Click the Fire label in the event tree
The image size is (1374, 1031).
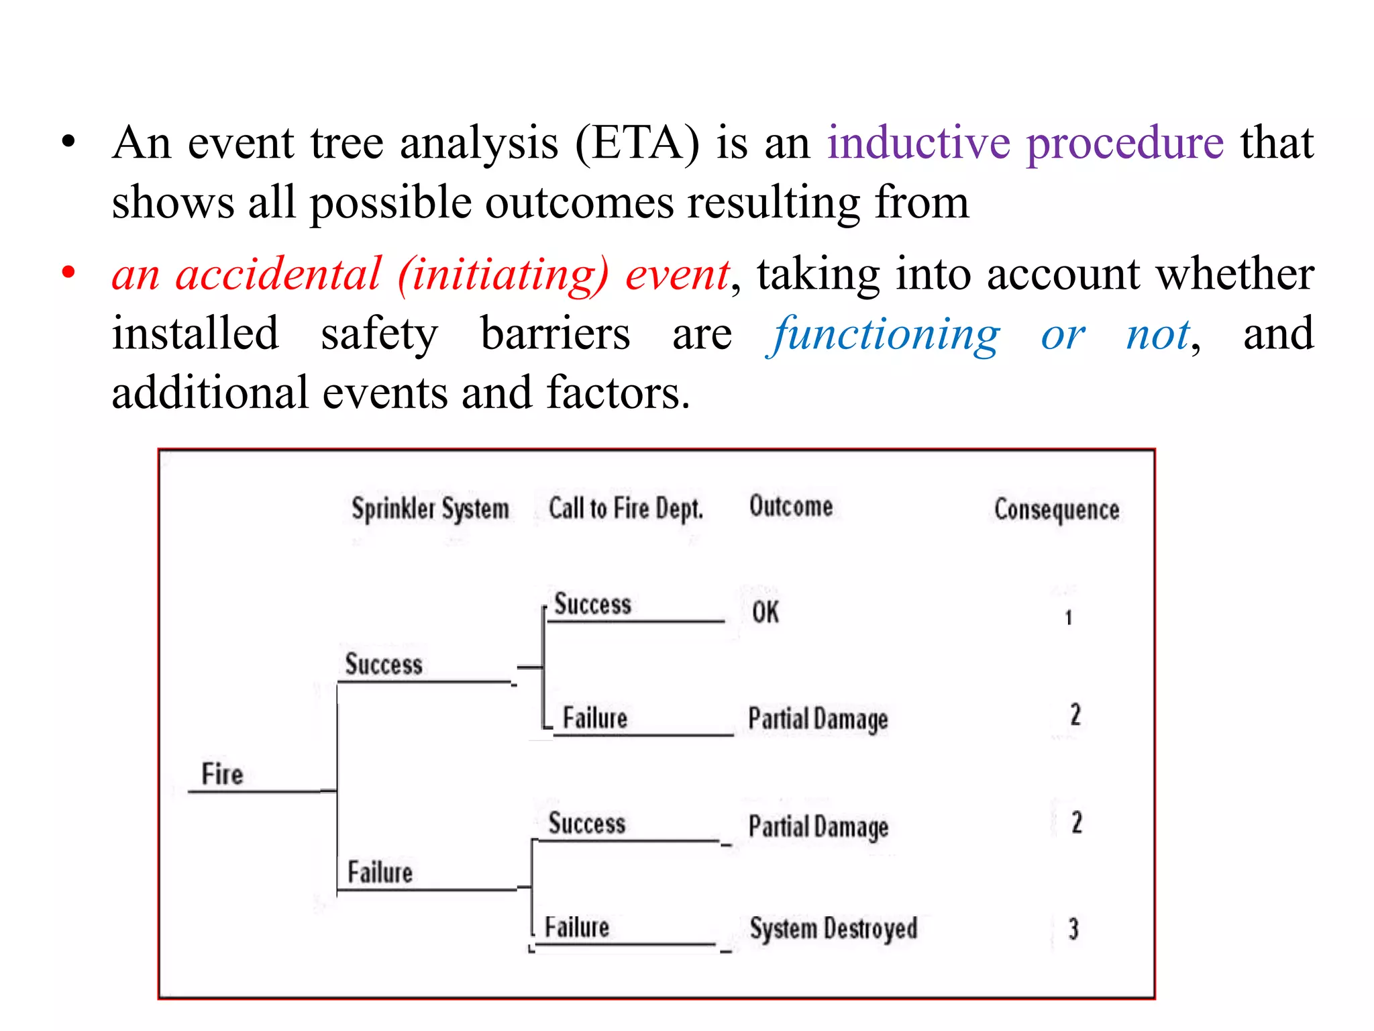coord(222,774)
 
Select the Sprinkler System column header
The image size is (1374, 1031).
coord(430,509)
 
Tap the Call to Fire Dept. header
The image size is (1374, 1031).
coord(625,508)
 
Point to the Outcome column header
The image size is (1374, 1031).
coord(791,506)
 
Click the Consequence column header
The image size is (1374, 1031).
coord(1057,509)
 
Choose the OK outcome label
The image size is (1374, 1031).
coord(765,612)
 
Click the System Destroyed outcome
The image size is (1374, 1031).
coord(833,929)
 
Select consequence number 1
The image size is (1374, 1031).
coord(1069,618)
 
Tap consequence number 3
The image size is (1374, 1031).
coord(1073,929)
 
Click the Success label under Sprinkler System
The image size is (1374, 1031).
coord(384,665)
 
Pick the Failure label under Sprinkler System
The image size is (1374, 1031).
coord(380,873)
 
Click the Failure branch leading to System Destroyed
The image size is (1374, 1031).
coord(577,928)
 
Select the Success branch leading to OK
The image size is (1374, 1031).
coord(592,604)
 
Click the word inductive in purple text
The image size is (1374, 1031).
coord(918,142)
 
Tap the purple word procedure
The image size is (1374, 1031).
coord(1125,144)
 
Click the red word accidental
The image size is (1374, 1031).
coord(278,275)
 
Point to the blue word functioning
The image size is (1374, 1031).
coord(885,334)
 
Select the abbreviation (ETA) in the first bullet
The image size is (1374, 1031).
coord(637,143)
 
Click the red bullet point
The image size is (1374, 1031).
coord(68,273)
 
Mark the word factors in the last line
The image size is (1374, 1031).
coord(618,393)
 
